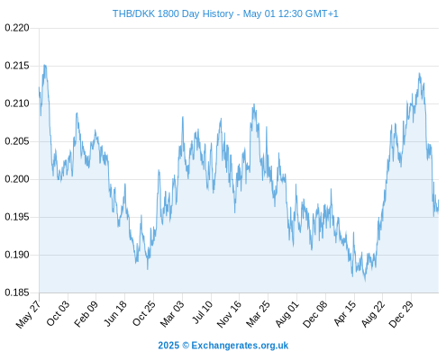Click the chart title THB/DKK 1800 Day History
[x=173, y=13]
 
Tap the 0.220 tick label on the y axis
[x=17, y=28]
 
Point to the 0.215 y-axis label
[x=17, y=66]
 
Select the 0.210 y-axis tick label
[x=17, y=103]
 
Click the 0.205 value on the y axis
[x=17, y=141]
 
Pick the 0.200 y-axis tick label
[x=17, y=179]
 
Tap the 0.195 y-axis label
[x=17, y=217]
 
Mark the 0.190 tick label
[x=17, y=255]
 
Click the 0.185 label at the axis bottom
[x=17, y=292]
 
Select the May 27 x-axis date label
[x=28, y=315]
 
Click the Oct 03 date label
[x=58, y=313]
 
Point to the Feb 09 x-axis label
[x=86, y=314]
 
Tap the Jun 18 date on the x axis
[x=115, y=313]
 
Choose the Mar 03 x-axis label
[x=172, y=314]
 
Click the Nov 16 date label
[x=229, y=314]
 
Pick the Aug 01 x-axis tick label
[x=287, y=314]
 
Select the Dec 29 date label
[x=401, y=314]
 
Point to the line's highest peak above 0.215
[x=45, y=65]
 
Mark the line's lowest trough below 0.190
[x=365, y=281]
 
